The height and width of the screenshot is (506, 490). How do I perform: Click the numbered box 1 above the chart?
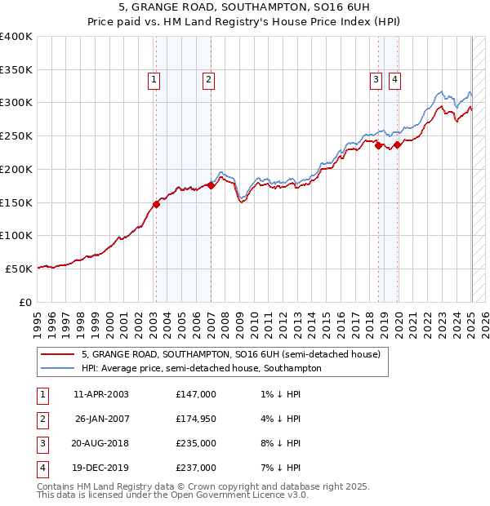coord(154,79)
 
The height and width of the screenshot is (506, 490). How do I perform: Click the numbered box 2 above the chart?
coord(209,79)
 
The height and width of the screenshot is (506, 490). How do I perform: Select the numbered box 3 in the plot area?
coord(376,79)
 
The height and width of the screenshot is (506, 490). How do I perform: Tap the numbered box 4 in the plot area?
coord(394,79)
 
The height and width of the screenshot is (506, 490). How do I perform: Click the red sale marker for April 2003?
coord(156,205)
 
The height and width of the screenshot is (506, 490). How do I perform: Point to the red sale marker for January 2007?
coord(211,185)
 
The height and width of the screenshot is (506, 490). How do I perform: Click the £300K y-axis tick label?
coord(16,103)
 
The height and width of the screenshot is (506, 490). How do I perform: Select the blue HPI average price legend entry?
coord(201,369)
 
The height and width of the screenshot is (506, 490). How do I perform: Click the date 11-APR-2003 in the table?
coord(101,394)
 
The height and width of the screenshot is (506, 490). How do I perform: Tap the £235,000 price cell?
coord(196,443)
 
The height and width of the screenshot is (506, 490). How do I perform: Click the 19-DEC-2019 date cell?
coord(101,468)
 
